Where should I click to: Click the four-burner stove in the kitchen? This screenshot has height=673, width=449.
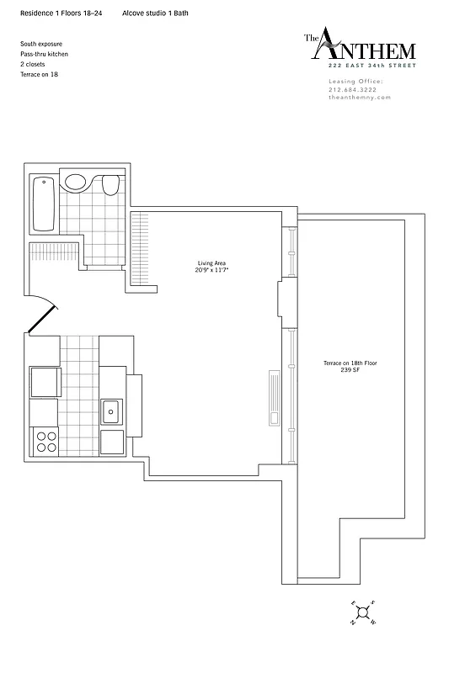(x=44, y=440)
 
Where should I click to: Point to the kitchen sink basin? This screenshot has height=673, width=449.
(x=110, y=412)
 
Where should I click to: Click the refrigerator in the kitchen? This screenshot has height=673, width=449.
(x=44, y=381)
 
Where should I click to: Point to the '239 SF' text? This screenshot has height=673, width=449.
(x=349, y=370)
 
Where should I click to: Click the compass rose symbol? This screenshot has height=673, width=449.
(x=364, y=613)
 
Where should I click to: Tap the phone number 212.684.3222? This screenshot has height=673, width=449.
(x=354, y=89)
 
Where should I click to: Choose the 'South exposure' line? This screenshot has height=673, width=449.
(x=41, y=43)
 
